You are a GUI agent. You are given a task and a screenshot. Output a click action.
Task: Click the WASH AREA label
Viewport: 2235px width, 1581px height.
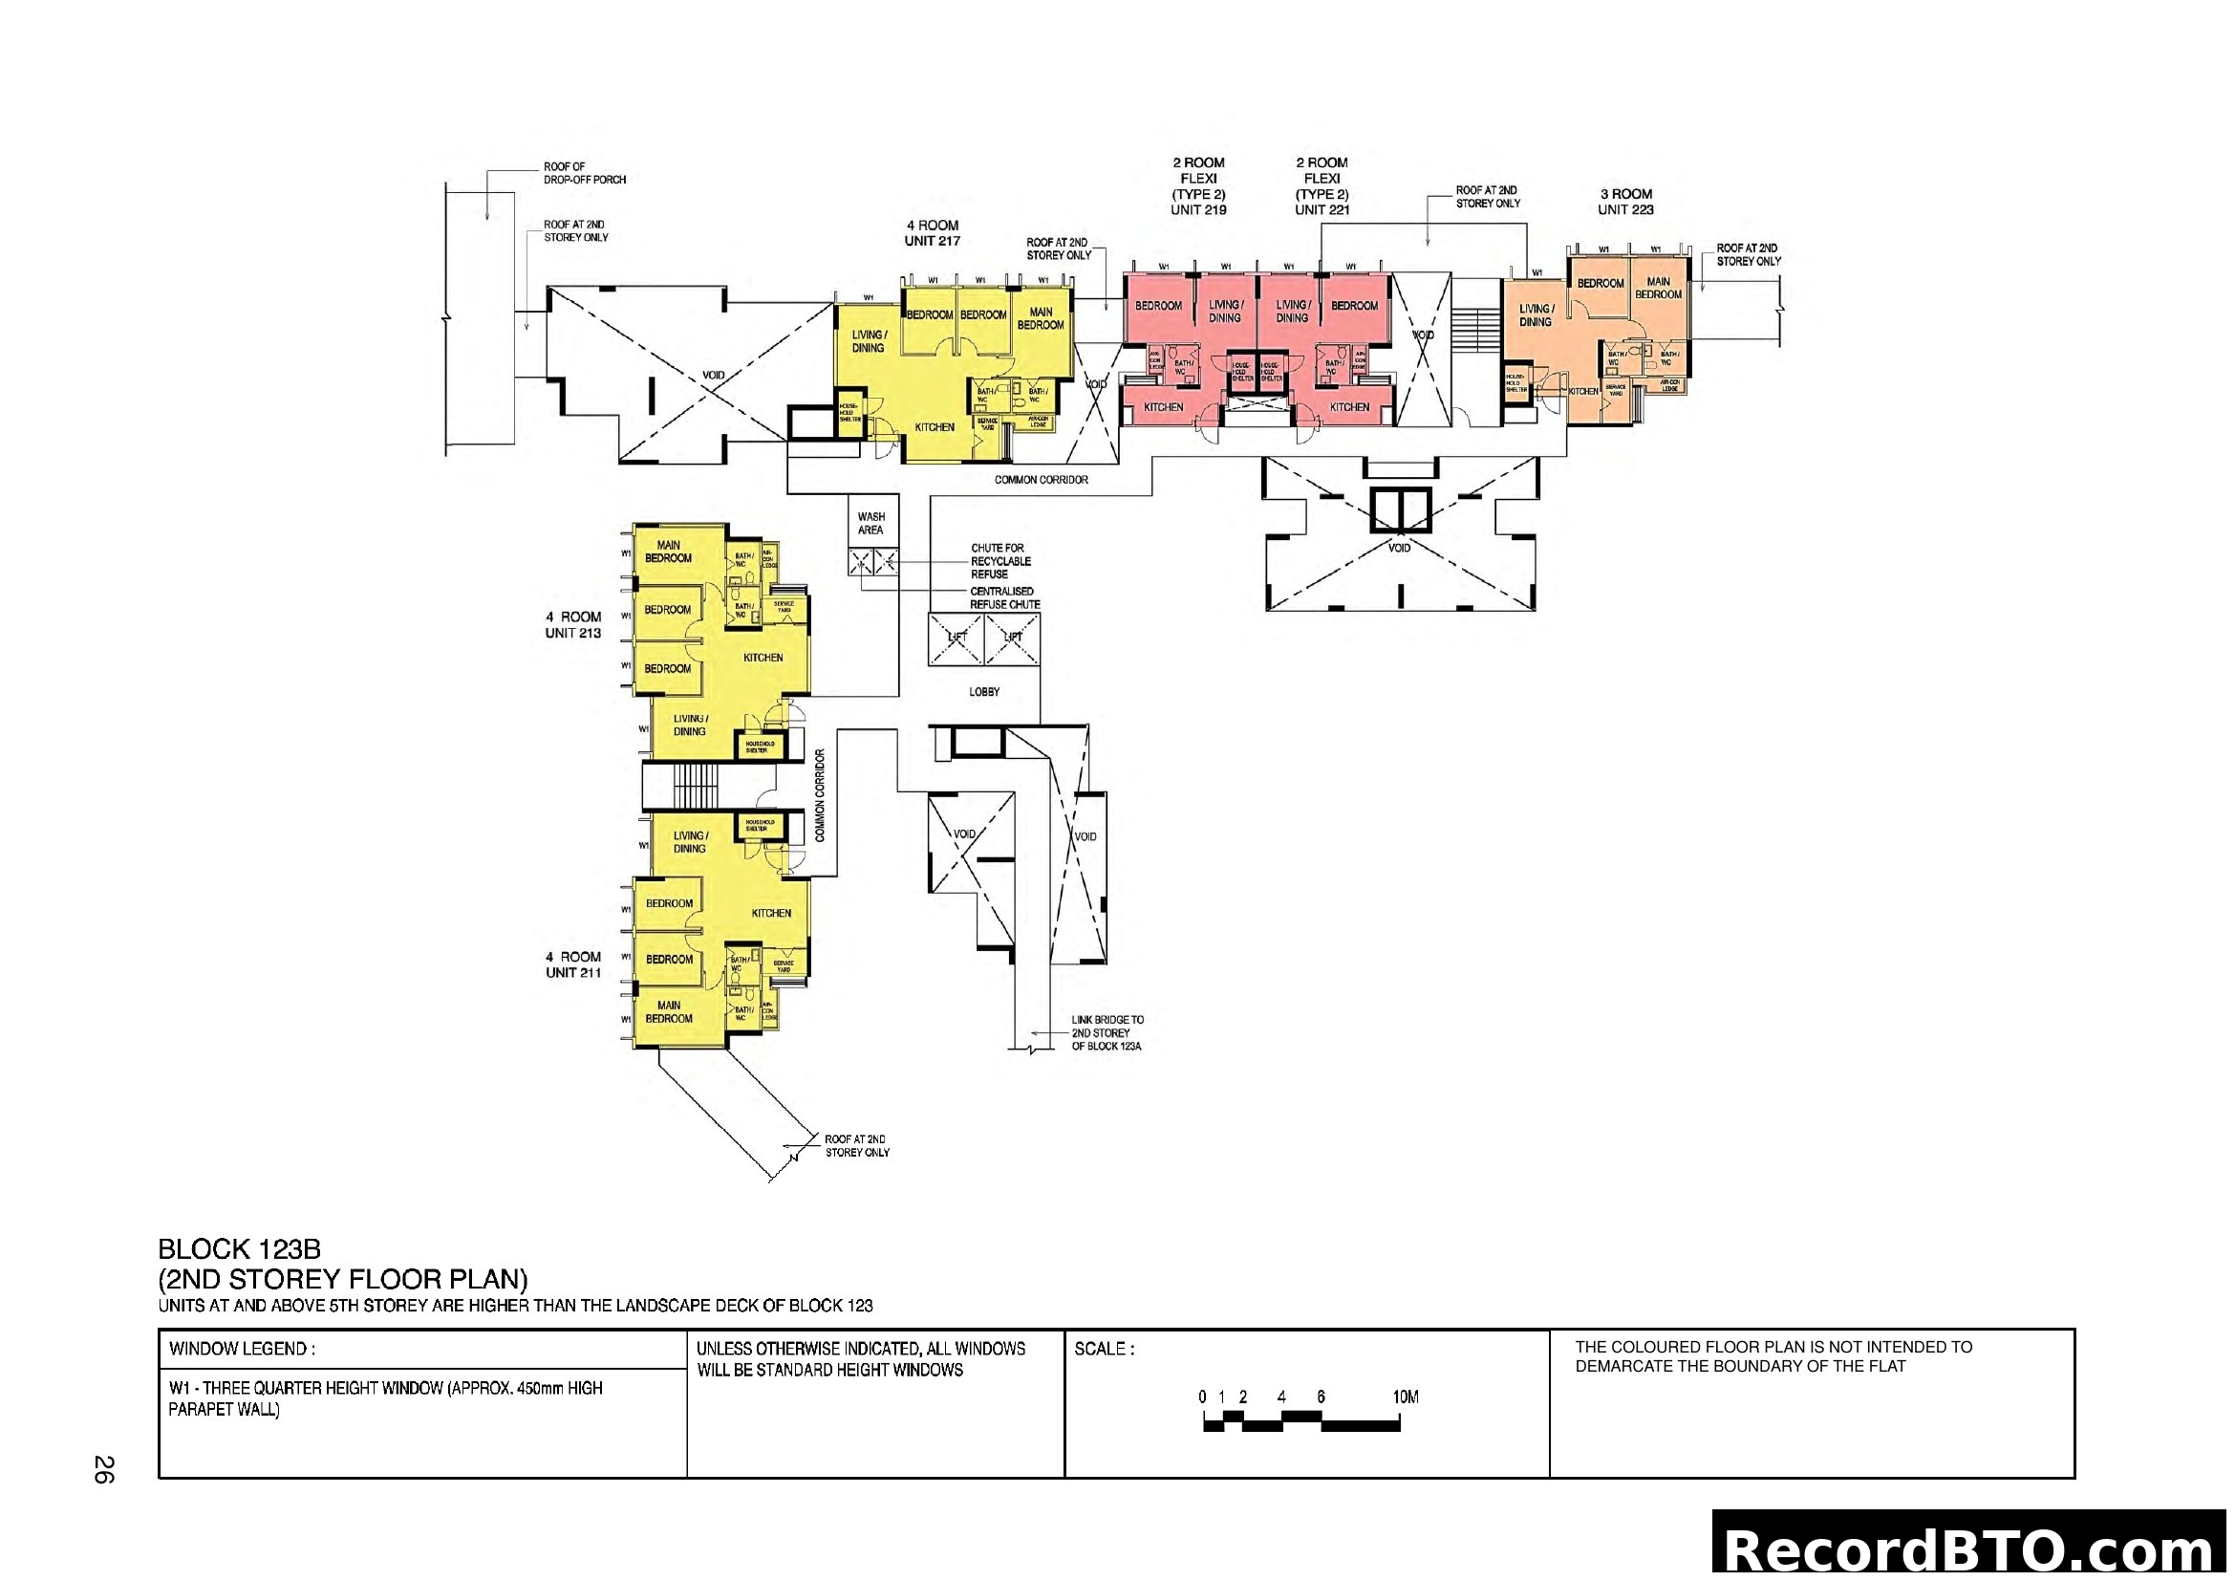point(870,524)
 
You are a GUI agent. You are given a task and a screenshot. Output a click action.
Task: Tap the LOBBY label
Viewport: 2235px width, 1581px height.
point(984,691)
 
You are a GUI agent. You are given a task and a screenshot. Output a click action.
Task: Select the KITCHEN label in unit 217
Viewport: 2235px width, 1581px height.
point(935,427)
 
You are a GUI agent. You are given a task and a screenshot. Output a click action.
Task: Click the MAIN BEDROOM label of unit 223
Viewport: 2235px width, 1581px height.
point(1658,288)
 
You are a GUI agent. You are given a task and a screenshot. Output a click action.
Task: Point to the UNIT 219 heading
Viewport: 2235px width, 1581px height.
point(1198,209)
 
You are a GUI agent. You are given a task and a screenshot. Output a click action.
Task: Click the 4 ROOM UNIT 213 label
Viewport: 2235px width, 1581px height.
point(573,625)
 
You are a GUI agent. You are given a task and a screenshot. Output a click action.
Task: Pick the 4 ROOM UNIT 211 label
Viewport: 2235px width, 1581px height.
point(573,964)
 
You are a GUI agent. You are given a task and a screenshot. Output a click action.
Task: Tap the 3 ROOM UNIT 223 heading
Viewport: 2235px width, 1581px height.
point(1625,202)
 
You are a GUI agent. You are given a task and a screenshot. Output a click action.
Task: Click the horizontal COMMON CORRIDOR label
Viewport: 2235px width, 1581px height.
point(1041,480)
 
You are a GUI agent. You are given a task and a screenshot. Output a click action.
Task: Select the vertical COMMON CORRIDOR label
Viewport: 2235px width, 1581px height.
point(820,795)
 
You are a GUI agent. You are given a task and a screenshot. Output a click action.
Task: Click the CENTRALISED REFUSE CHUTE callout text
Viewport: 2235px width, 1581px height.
point(1003,597)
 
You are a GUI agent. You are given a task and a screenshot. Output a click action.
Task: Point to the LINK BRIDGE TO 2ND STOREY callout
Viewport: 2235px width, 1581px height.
point(1107,1033)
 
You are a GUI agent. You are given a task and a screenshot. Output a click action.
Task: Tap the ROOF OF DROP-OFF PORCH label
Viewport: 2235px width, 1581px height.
point(584,173)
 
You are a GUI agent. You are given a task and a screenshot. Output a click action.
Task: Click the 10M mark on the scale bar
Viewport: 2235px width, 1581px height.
point(1405,1397)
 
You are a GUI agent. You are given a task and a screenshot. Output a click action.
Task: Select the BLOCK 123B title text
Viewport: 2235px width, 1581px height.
point(240,1249)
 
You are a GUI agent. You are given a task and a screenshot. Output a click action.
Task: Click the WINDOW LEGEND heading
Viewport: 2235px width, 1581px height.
point(242,1350)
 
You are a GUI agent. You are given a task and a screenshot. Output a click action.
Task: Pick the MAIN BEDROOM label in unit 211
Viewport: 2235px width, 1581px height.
point(669,1011)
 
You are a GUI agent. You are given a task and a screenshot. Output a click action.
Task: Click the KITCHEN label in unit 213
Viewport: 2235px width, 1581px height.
point(763,657)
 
